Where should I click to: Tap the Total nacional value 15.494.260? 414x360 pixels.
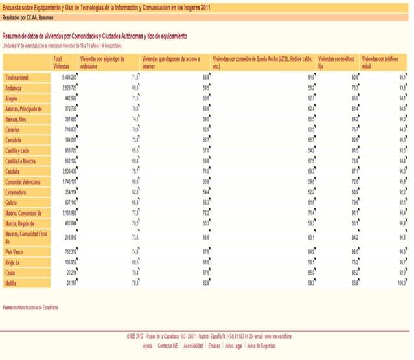click(65, 77)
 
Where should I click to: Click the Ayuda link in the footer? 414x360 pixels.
click(148, 346)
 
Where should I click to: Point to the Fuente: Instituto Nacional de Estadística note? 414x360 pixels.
click(30, 308)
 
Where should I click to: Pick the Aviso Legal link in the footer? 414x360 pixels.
click(233, 346)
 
